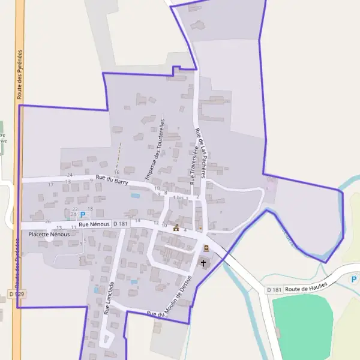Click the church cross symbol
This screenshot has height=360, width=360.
203,263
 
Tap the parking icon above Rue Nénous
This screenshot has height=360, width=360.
83,214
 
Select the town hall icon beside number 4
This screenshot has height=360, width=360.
176,228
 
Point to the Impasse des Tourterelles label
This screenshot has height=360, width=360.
155,152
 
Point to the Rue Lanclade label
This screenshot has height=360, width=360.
109,299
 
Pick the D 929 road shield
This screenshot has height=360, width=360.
16,293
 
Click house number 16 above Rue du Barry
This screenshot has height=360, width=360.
117,172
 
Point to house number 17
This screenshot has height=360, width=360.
51,184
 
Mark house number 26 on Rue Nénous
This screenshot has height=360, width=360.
48,222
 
